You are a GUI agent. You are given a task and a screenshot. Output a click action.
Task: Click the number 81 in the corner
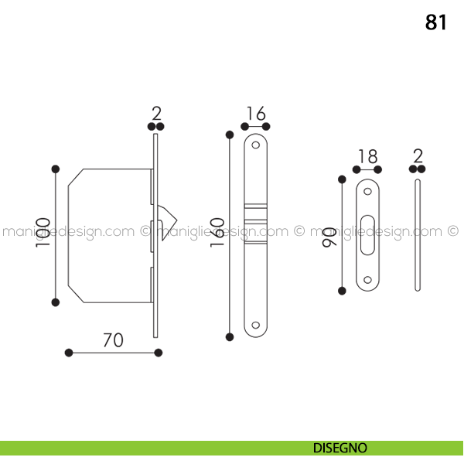tap(435, 22)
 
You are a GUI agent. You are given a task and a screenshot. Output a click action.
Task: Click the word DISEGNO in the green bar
tap(339, 448)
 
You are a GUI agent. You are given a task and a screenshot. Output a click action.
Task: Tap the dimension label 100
tap(43, 233)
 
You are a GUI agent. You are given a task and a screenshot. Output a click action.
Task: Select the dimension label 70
tap(113, 340)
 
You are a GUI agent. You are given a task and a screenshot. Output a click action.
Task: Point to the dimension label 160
tap(217, 232)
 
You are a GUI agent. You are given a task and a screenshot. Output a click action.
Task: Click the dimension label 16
tap(256, 114)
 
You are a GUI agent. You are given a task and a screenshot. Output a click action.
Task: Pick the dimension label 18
tap(368, 156)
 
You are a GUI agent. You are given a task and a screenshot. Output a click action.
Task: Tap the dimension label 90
tap(329, 237)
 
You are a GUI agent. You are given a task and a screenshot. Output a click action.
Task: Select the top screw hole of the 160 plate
tap(256, 145)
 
